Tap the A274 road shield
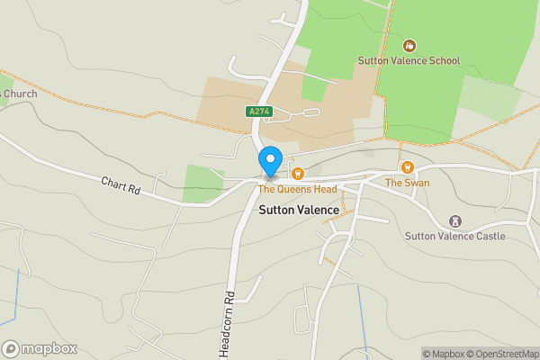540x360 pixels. [x=256, y=112]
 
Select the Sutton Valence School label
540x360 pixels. [x=409, y=61]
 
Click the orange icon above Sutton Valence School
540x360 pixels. [x=409, y=45]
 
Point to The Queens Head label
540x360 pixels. [x=297, y=189]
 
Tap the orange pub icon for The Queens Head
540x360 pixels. [x=297, y=173]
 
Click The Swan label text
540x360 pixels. [x=407, y=183]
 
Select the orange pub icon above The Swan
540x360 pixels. [x=407, y=167]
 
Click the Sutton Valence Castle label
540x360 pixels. [x=455, y=236]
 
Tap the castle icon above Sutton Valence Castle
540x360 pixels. [x=455, y=220]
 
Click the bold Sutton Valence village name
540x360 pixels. [x=299, y=210]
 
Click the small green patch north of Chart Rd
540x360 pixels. [x=203, y=183]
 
